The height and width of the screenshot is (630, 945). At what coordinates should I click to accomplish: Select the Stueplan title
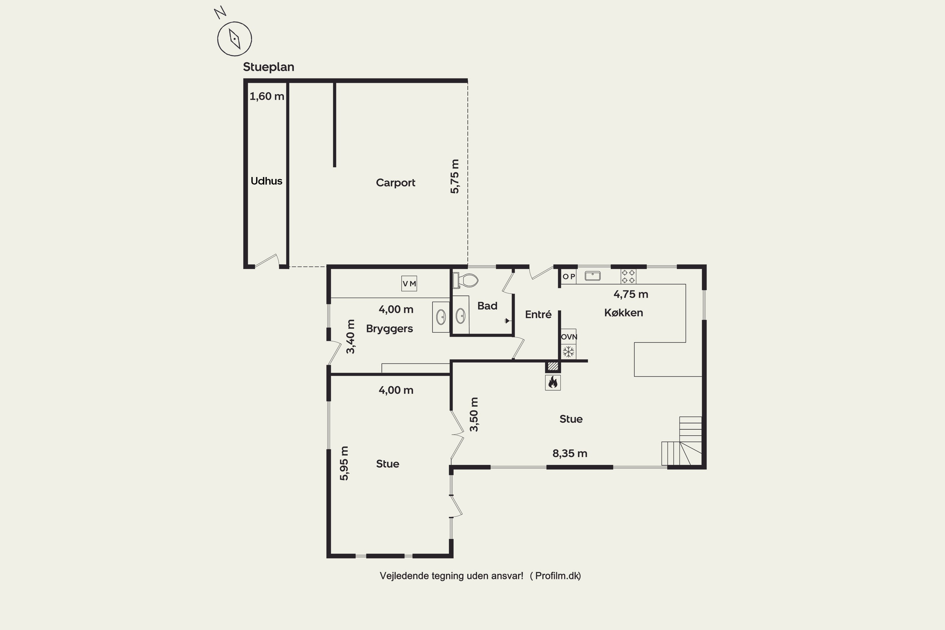[268, 67]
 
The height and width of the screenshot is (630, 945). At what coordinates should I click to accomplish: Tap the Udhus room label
[266, 181]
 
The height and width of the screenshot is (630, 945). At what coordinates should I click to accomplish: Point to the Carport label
[395, 183]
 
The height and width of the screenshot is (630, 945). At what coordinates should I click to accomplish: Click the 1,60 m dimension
[267, 96]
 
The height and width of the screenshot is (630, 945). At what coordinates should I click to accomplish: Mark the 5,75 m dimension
[455, 176]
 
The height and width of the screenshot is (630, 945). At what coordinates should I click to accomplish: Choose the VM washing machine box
[409, 283]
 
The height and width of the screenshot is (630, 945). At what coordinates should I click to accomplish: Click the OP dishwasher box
[569, 277]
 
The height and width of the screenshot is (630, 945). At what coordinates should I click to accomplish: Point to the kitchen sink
[592, 276]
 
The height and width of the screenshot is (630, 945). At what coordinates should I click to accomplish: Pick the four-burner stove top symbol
[628, 277]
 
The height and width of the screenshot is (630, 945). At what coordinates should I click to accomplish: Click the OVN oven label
[569, 337]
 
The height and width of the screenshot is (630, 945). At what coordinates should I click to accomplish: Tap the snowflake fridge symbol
[569, 352]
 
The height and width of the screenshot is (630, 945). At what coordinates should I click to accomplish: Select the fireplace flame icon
[553, 382]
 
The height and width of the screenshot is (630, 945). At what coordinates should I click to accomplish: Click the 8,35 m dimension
[570, 454]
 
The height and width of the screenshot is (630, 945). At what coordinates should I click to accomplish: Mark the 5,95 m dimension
[344, 463]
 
